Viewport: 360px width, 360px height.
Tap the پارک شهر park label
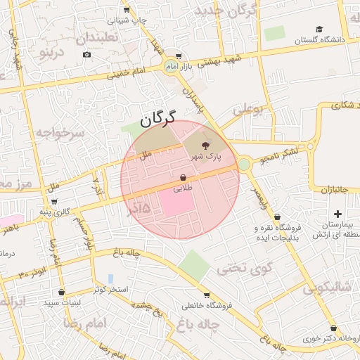209,155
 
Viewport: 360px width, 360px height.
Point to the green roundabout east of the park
244,165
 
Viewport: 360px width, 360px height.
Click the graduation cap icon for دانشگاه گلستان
319,30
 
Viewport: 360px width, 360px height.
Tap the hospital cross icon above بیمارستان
337,214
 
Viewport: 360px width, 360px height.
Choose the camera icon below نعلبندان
86,54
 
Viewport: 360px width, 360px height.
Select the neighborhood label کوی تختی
237,268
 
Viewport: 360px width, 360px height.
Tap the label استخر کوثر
110,290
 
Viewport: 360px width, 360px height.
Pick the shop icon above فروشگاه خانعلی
206,295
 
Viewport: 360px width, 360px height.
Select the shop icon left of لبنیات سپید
61,292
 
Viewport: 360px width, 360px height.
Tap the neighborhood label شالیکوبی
327,288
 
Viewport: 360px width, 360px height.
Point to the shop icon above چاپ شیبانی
127,10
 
